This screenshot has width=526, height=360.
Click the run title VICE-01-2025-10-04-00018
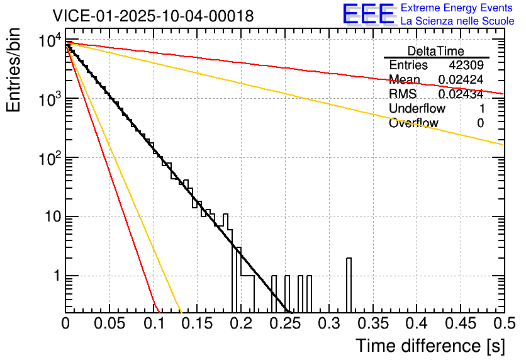153,16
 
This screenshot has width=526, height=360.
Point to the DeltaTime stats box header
436,51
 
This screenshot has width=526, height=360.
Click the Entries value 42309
466,65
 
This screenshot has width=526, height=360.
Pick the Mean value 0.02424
461,80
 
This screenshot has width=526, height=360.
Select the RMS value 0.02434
461,94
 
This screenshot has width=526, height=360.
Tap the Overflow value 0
480,123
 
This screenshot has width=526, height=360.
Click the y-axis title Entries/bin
14,71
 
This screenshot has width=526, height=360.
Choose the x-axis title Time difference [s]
430,346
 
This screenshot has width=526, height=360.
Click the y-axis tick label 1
55,276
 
